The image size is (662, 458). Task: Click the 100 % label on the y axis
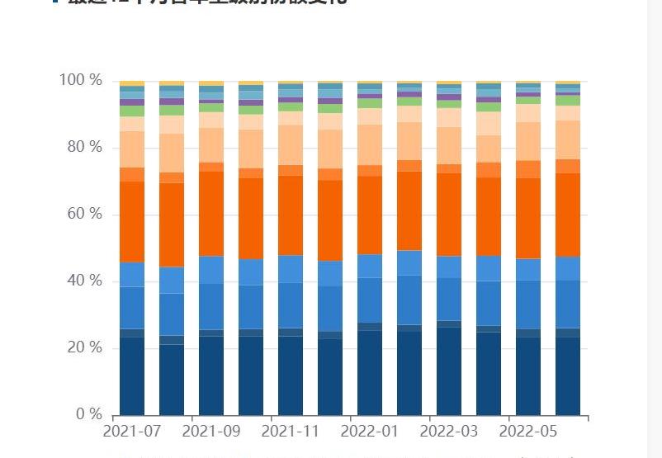[x=80, y=80]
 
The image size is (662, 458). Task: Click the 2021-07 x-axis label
[x=132, y=431]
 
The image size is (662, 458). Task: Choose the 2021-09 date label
[x=211, y=431]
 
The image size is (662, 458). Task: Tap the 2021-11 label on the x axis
[x=291, y=431]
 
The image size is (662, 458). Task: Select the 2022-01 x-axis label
[x=370, y=431]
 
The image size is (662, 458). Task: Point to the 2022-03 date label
[x=449, y=431]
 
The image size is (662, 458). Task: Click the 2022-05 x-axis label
[x=528, y=431]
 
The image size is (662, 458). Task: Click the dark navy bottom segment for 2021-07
[x=132, y=375]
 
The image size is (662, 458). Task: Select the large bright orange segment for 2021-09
[x=211, y=214]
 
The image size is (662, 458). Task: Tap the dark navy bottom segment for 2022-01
[x=370, y=372]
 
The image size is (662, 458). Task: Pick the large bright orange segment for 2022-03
[x=449, y=215]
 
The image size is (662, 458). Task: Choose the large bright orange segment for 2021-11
[x=291, y=215]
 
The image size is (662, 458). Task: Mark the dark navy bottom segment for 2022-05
[x=528, y=375]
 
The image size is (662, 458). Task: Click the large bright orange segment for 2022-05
[x=528, y=219]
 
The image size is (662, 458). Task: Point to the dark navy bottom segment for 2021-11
[x=291, y=375]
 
